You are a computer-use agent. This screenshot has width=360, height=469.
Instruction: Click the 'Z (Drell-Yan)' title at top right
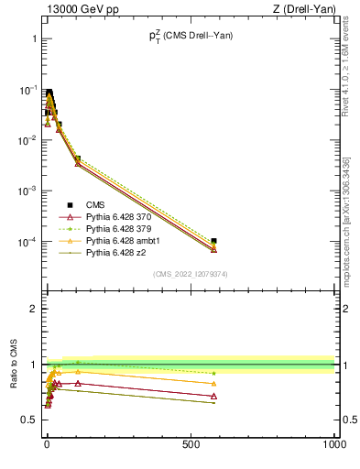point(302,9)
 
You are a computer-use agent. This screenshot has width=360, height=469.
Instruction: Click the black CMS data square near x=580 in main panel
point(213,241)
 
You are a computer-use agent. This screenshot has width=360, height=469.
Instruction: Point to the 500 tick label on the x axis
point(191,444)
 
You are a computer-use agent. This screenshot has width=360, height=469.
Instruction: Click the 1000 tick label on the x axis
point(334,444)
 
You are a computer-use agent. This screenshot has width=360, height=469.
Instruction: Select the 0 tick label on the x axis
point(47,444)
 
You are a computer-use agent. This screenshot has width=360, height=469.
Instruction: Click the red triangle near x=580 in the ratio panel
point(213,396)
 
